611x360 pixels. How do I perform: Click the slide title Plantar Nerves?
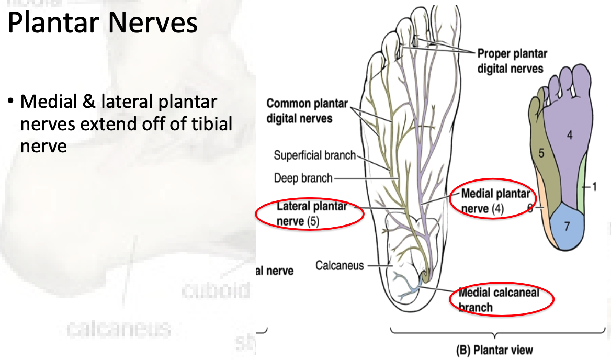click(103, 24)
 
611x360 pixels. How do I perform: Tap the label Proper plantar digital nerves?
click(511, 61)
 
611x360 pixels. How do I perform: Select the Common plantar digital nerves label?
click(299, 110)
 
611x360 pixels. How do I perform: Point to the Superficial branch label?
click(314, 155)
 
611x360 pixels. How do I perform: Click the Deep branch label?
click(303, 178)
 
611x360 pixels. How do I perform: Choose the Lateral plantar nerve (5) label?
click(312, 213)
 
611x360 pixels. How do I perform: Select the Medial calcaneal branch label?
click(498, 299)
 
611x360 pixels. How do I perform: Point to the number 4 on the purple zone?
click(569, 135)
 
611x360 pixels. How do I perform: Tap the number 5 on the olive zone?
click(541, 153)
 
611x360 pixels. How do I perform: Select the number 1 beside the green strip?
click(594, 186)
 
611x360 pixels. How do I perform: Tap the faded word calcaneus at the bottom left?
click(119, 329)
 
